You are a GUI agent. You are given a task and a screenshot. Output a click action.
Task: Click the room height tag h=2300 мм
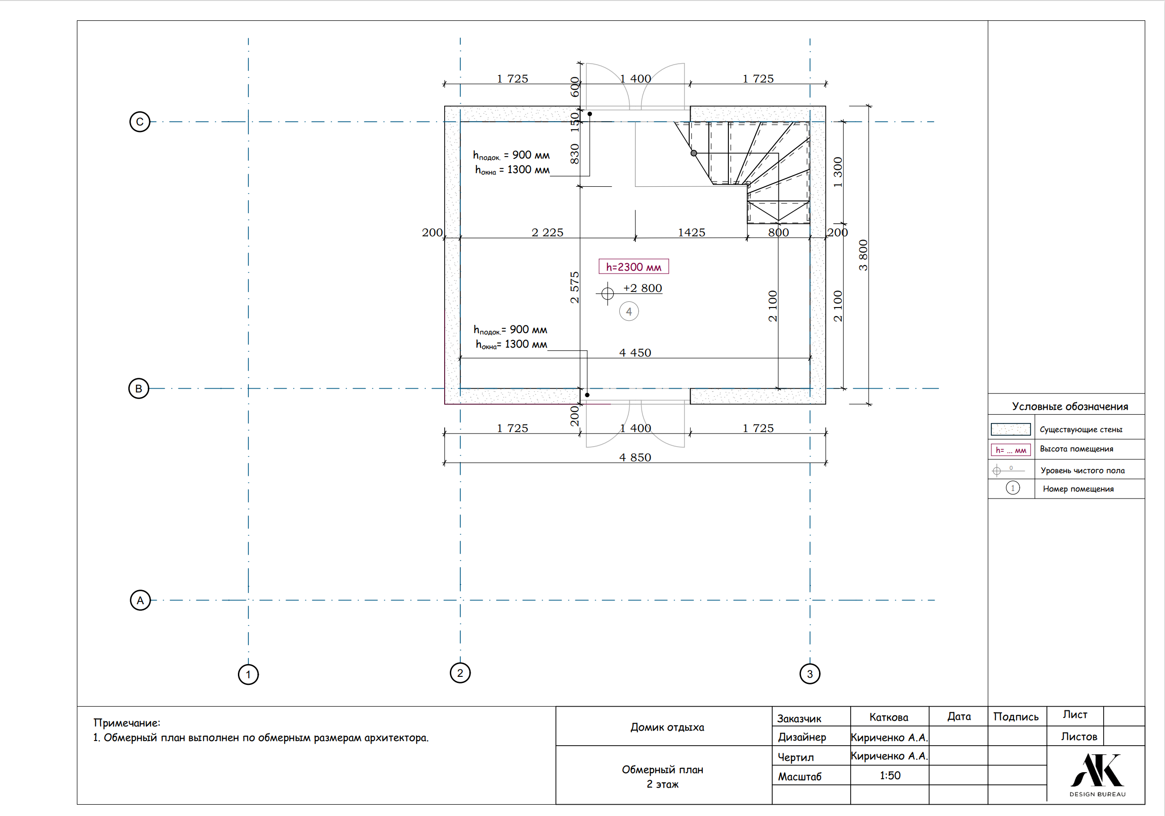pyautogui.click(x=634, y=267)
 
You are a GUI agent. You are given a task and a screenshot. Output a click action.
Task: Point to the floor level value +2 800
pyautogui.click(x=642, y=288)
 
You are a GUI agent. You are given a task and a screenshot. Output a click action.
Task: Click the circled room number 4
pyautogui.click(x=629, y=311)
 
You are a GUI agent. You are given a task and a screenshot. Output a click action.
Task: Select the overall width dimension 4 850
pyautogui.click(x=635, y=458)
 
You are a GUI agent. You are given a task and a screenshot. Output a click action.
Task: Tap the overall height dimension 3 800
pyautogui.click(x=863, y=255)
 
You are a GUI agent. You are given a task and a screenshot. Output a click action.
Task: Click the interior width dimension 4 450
pyautogui.click(x=635, y=352)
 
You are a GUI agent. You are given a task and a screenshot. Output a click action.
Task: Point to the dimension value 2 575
pyautogui.click(x=574, y=288)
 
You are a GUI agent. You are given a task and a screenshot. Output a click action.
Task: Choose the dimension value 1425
pyautogui.click(x=692, y=232)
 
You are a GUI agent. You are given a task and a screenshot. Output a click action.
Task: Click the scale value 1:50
pyautogui.click(x=890, y=775)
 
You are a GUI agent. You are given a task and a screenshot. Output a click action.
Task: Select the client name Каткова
pyautogui.click(x=888, y=717)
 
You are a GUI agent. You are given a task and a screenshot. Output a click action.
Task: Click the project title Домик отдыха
pyautogui.click(x=667, y=727)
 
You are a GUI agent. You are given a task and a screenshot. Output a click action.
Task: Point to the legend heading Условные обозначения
pyautogui.click(x=1070, y=406)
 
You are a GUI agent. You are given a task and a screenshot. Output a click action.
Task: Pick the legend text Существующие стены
pyautogui.click(x=1081, y=430)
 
